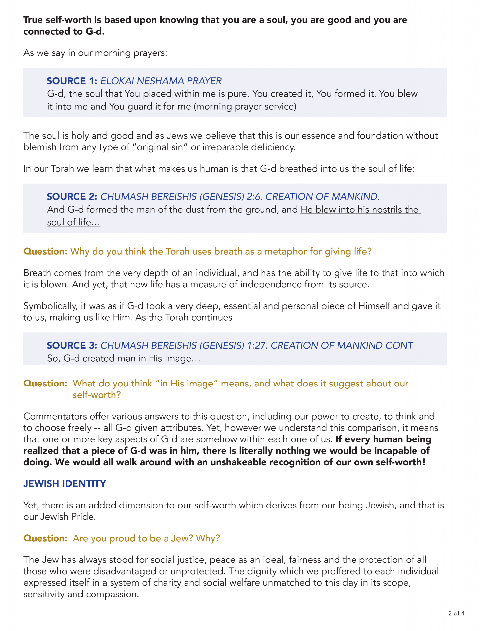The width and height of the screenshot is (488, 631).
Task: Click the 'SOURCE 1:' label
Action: coord(72,81)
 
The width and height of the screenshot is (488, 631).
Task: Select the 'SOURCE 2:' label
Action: coord(72,196)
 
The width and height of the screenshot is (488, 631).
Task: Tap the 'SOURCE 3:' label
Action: coord(72,345)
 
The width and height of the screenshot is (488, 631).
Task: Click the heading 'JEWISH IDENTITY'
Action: coord(65,484)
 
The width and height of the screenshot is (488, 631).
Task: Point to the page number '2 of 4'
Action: coord(456,613)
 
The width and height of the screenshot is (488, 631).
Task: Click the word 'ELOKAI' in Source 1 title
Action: coord(117,81)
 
